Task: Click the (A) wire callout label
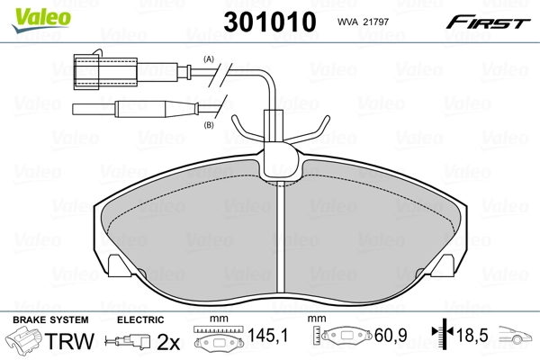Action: [x=210, y=58]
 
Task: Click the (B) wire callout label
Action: [x=210, y=125]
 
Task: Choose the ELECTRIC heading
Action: [x=140, y=320]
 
